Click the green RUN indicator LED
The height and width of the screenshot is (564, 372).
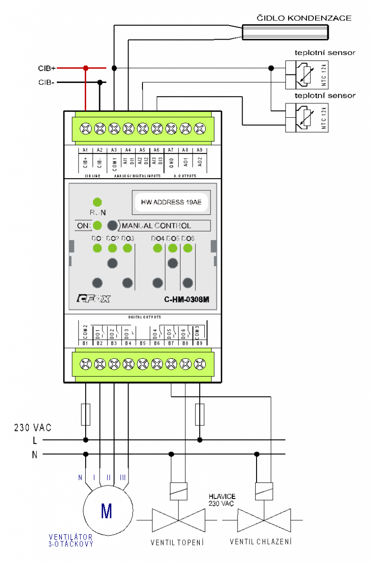[x=97, y=202]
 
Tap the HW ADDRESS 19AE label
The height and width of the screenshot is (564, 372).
[x=171, y=202]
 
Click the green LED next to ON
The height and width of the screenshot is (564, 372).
[x=97, y=226]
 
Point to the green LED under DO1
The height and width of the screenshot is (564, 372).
[x=97, y=248]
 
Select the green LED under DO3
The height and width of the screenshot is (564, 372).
[x=128, y=248]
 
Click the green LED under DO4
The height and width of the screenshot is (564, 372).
[x=158, y=248]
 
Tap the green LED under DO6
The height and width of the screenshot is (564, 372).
[x=188, y=248]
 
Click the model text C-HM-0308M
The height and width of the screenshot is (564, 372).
[x=187, y=299]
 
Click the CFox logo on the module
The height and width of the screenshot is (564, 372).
[x=93, y=298]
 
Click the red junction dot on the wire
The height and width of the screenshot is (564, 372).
[x=85, y=68]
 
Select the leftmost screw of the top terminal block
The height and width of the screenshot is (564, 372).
[x=86, y=129]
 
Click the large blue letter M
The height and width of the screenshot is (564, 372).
[x=106, y=511]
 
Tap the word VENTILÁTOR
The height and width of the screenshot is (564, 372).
[x=71, y=537]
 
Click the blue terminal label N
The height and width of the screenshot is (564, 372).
[x=80, y=478]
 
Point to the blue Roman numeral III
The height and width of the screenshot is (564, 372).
[x=123, y=478]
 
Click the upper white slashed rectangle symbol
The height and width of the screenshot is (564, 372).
[x=307, y=75]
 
